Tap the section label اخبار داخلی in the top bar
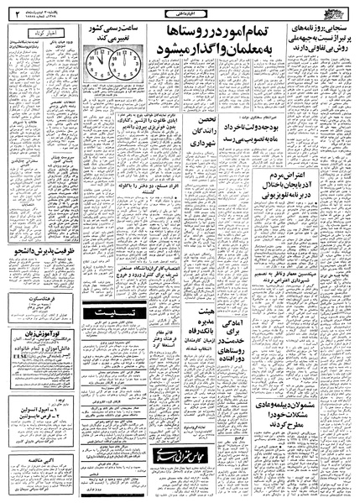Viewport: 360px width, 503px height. point(179,11)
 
